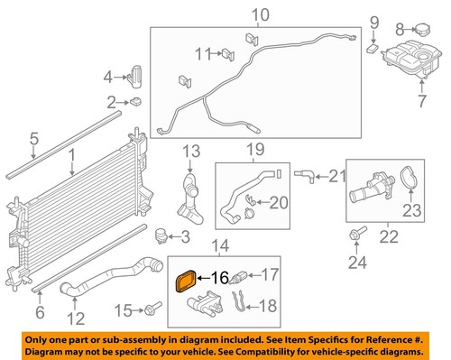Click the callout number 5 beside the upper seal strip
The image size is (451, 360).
(32, 139)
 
